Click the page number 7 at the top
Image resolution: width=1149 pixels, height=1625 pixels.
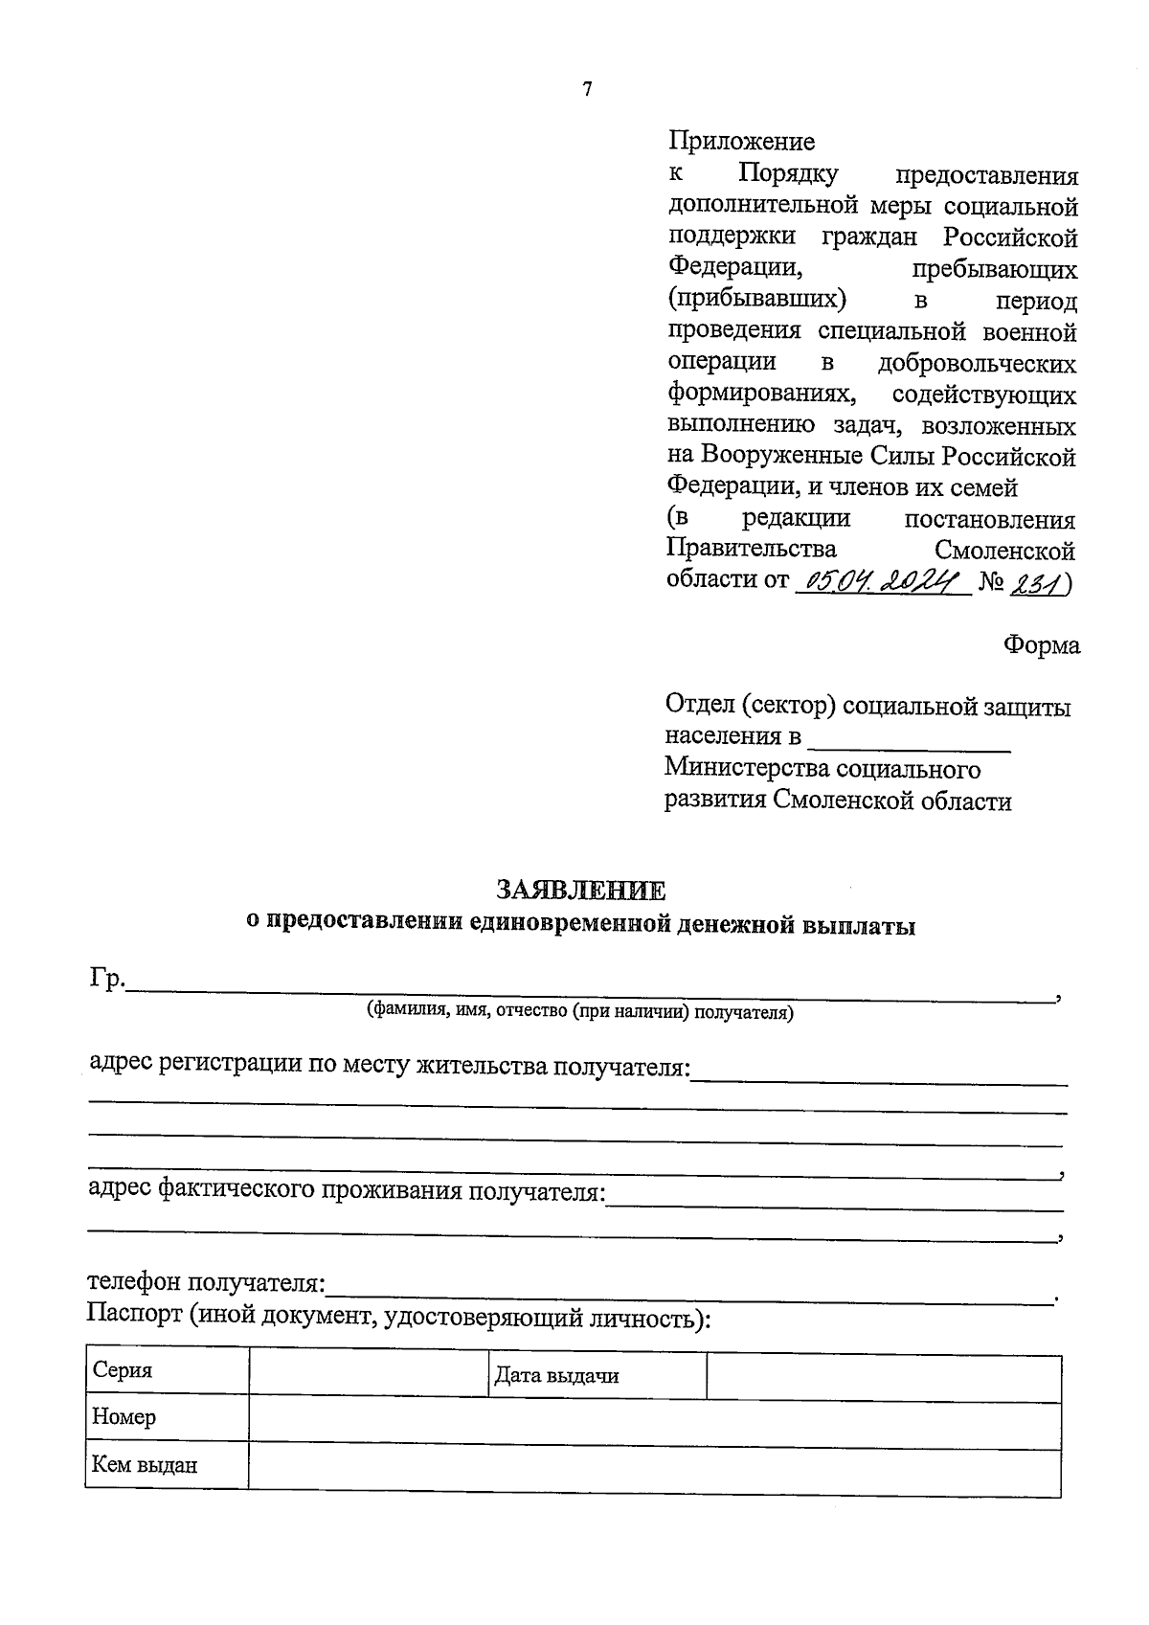[x=587, y=90]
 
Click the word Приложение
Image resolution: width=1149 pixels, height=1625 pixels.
[x=741, y=142]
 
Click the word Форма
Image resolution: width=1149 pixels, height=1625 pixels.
[x=1041, y=645]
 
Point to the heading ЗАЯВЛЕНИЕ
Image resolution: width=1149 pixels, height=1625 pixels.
[x=580, y=891]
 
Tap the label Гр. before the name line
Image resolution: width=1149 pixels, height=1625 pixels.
[x=107, y=979]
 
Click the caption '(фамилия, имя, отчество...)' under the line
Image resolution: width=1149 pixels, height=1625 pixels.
[x=579, y=1011]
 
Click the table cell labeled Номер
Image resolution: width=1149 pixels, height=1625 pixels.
[x=167, y=1417]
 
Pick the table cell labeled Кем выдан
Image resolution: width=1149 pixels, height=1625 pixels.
[x=167, y=1465]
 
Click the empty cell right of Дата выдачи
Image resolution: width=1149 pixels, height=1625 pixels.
[x=883, y=1377]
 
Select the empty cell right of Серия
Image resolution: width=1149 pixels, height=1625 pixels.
[x=369, y=1372]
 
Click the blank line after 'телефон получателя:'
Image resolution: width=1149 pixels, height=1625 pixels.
[x=689, y=1295]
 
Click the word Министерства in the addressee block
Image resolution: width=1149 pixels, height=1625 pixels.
[x=747, y=769]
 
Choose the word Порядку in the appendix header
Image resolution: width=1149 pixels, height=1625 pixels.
[x=788, y=174]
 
